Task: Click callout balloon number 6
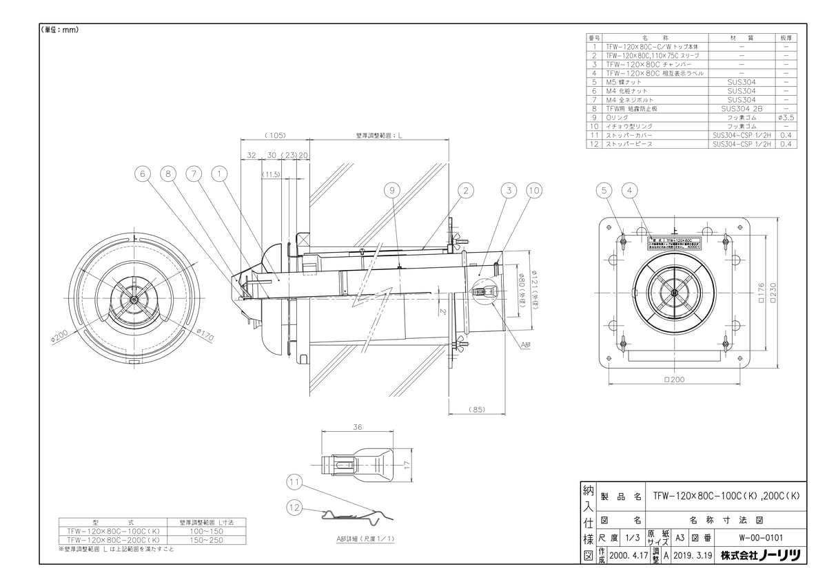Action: [x=143, y=174]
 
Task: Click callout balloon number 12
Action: [x=294, y=508]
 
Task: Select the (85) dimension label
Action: [x=478, y=410]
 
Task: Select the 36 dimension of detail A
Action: [x=357, y=427]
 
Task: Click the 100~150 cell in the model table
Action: [x=207, y=531]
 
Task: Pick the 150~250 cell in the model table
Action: [x=207, y=540]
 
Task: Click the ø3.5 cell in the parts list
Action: [x=785, y=118]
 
